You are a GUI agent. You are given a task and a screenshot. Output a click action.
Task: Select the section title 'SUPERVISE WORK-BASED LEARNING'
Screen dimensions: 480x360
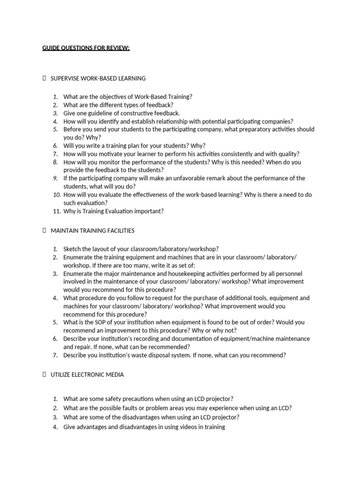[98, 78]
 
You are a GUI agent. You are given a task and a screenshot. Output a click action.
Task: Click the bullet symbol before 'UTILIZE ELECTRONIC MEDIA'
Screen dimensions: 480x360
[44, 375]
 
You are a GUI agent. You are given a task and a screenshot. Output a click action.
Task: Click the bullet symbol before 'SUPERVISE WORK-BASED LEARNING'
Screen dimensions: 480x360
[44, 78]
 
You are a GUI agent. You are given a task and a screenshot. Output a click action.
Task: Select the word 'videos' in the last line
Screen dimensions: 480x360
[186, 427]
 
